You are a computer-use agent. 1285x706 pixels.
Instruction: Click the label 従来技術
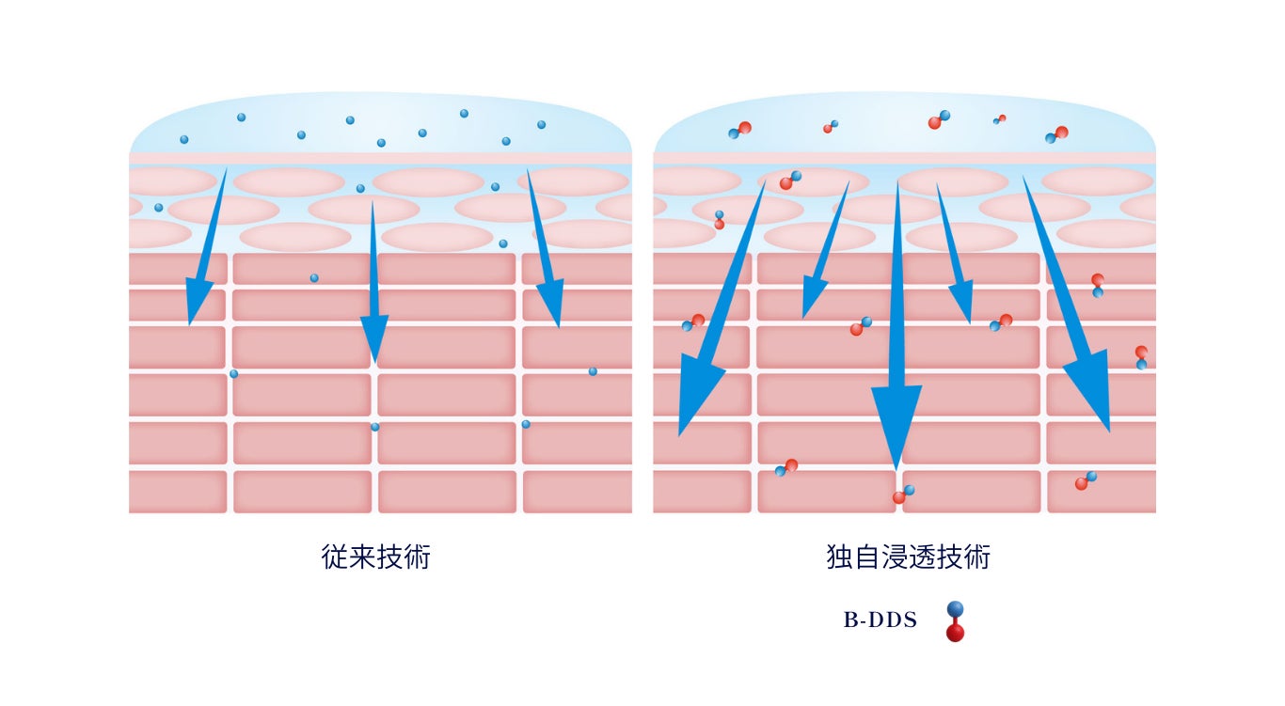375,557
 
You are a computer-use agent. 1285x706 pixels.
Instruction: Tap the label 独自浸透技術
908,557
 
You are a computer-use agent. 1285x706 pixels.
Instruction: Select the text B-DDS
880,620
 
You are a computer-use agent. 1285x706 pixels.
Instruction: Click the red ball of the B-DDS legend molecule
955,633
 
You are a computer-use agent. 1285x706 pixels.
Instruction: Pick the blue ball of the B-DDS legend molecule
955,609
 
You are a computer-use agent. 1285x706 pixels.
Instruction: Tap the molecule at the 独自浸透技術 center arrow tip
903,494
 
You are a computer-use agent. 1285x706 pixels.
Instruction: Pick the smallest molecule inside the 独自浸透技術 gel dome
999,119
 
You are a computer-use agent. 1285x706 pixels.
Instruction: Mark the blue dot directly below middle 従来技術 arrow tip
374,427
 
